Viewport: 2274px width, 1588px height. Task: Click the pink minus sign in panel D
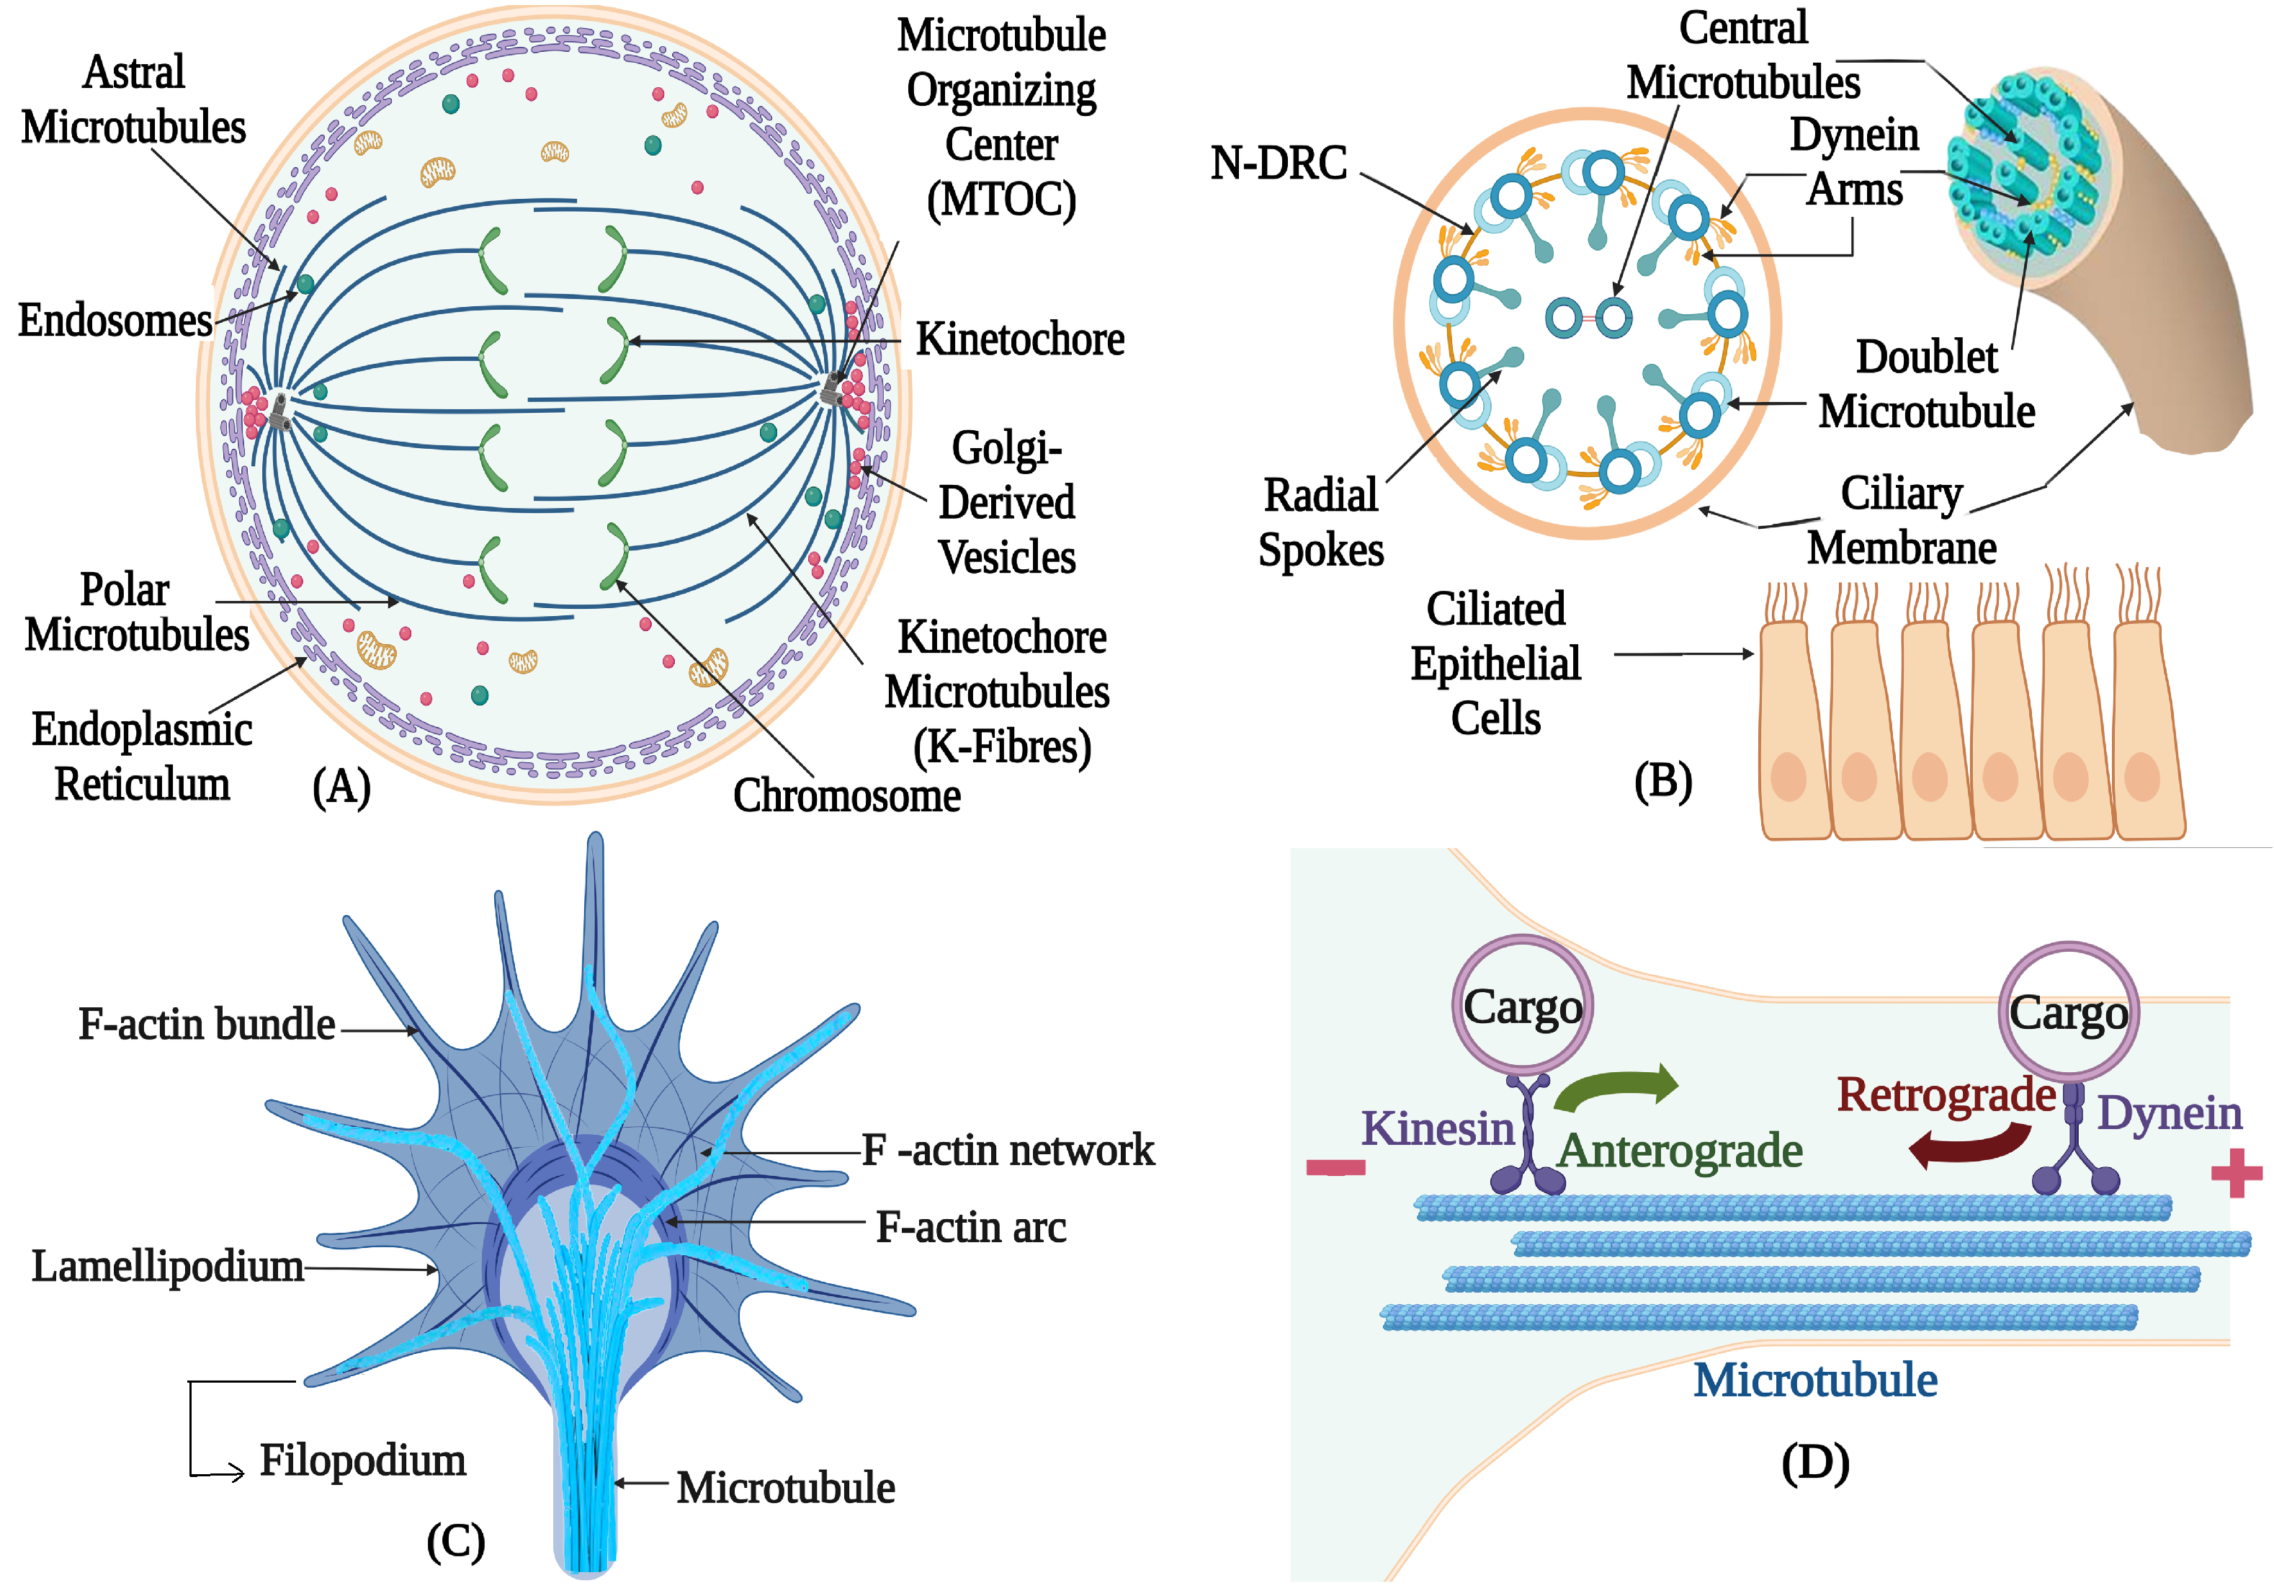1335,1167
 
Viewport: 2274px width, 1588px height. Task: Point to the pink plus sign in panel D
2235,1173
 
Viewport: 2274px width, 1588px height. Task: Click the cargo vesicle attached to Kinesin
1522,1006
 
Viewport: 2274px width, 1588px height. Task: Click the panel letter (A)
341,788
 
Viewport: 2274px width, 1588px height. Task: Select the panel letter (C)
455,1541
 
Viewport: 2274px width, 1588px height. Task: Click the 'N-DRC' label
1278,164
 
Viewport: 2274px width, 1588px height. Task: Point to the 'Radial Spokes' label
1320,522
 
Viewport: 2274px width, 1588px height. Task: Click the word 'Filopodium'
362,1460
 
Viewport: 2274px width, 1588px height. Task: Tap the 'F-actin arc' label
971,1228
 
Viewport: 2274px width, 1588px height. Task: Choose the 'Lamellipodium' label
167,1266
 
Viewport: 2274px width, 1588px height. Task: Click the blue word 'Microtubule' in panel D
1814,1380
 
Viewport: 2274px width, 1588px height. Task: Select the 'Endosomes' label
115,321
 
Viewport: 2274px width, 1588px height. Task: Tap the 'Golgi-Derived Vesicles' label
1006,502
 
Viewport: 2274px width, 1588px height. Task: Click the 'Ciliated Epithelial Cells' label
1495,663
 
